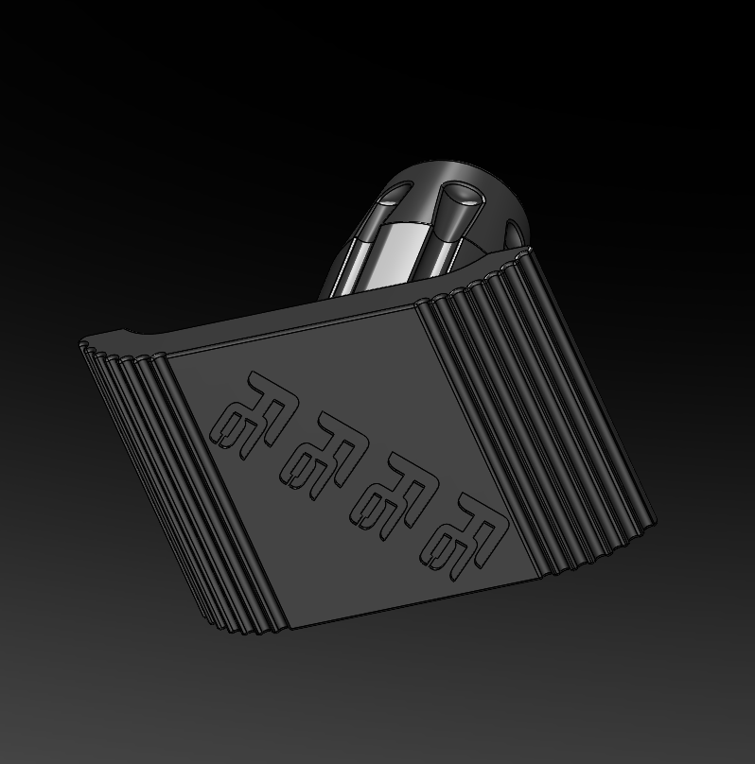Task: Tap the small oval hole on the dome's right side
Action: point(514,233)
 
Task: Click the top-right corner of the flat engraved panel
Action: point(416,304)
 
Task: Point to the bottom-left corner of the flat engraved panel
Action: point(290,627)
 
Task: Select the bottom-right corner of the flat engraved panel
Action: point(542,575)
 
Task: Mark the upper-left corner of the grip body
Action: point(79,345)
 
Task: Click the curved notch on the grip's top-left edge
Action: point(132,335)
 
